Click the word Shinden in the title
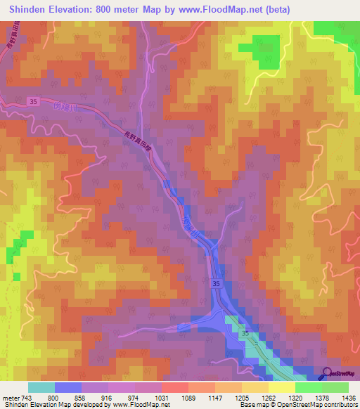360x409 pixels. tap(31, 9)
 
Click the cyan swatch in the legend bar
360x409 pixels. tap(41, 387)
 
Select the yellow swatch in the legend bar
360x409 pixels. tap(281, 387)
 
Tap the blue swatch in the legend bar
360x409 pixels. tap(68, 387)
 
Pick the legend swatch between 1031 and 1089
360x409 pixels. tap(174, 387)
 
